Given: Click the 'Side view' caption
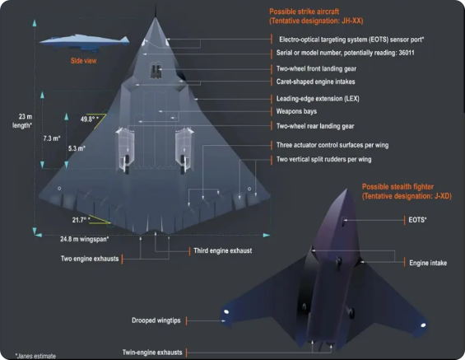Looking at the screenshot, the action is click(x=84, y=61).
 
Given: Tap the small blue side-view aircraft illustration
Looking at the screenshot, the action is click(x=85, y=42).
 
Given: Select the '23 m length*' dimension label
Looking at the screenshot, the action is click(x=22, y=121).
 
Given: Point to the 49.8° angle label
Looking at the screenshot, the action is click(x=89, y=119).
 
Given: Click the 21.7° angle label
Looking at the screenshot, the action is click(x=81, y=220).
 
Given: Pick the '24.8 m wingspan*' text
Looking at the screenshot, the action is click(x=85, y=239).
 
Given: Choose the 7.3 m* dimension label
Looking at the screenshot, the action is click(x=52, y=138).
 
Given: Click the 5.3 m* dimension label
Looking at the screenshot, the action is click(x=77, y=148).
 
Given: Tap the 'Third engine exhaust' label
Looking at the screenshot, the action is click(x=223, y=250).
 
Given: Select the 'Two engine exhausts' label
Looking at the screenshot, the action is click(x=90, y=259).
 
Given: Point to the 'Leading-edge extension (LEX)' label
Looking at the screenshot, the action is click(x=318, y=99).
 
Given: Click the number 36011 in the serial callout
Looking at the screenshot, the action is click(x=407, y=53).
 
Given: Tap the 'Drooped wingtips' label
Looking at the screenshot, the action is click(x=156, y=320).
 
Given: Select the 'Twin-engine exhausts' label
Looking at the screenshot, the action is click(x=152, y=353).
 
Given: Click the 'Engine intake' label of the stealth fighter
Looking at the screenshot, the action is click(x=428, y=263).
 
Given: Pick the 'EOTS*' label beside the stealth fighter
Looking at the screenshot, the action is click(x=417, y=220).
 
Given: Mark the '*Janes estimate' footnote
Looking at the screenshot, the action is click(x=35, y=356).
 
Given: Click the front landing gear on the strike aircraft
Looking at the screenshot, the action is click(x=156, y=70).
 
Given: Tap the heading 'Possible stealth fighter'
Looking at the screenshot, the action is click(x=398, y=187).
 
